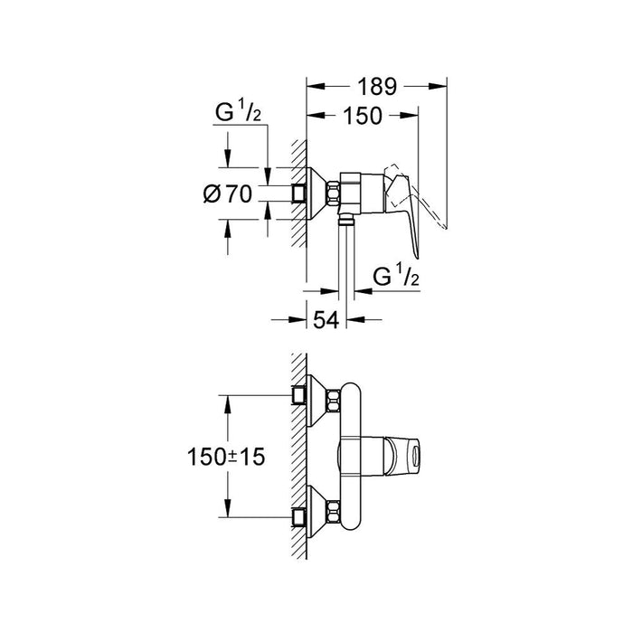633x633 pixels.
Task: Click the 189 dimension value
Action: (377, 87)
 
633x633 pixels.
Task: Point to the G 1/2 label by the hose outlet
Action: (398, 275)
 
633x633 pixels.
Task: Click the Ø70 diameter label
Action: (225, 193)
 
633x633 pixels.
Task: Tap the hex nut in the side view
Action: (335, 191)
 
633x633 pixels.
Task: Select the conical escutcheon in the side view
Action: (317, 192)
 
